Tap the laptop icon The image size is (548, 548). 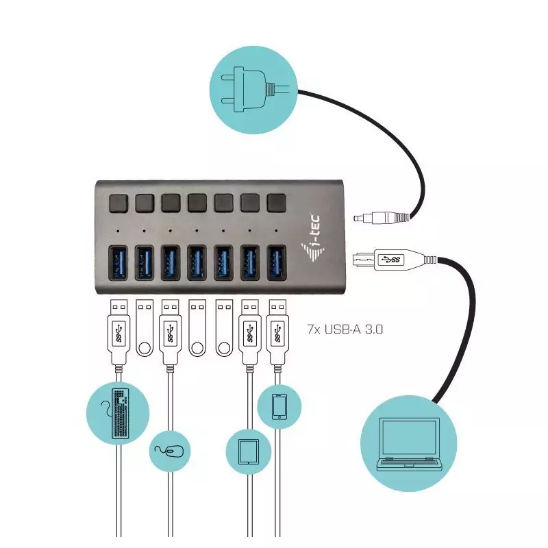point(410,443)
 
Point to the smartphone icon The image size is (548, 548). point(279,407)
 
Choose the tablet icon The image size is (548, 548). point(247,451)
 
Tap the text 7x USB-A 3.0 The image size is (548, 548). point(345,329)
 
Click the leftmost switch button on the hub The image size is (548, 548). point(118,202)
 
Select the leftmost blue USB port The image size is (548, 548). point(118,263)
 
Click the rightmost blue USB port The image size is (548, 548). point(277,263)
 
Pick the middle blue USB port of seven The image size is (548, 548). point(197,263)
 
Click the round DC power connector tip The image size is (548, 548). point(358,218)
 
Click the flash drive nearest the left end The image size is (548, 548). point(144,329)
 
